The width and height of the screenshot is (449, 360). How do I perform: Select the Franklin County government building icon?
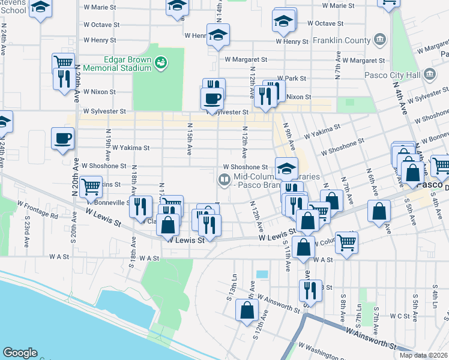[x=379, y=40]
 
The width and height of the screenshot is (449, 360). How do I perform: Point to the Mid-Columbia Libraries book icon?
[x=224, y=179]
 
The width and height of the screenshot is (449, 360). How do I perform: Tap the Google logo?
[x=20, y=353]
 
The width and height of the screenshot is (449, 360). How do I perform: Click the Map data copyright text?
[x=424, y=355]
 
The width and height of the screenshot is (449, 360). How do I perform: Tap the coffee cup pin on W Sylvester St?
[x=212, y=98]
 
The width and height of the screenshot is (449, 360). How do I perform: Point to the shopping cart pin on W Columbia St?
[x=346, y=242]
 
